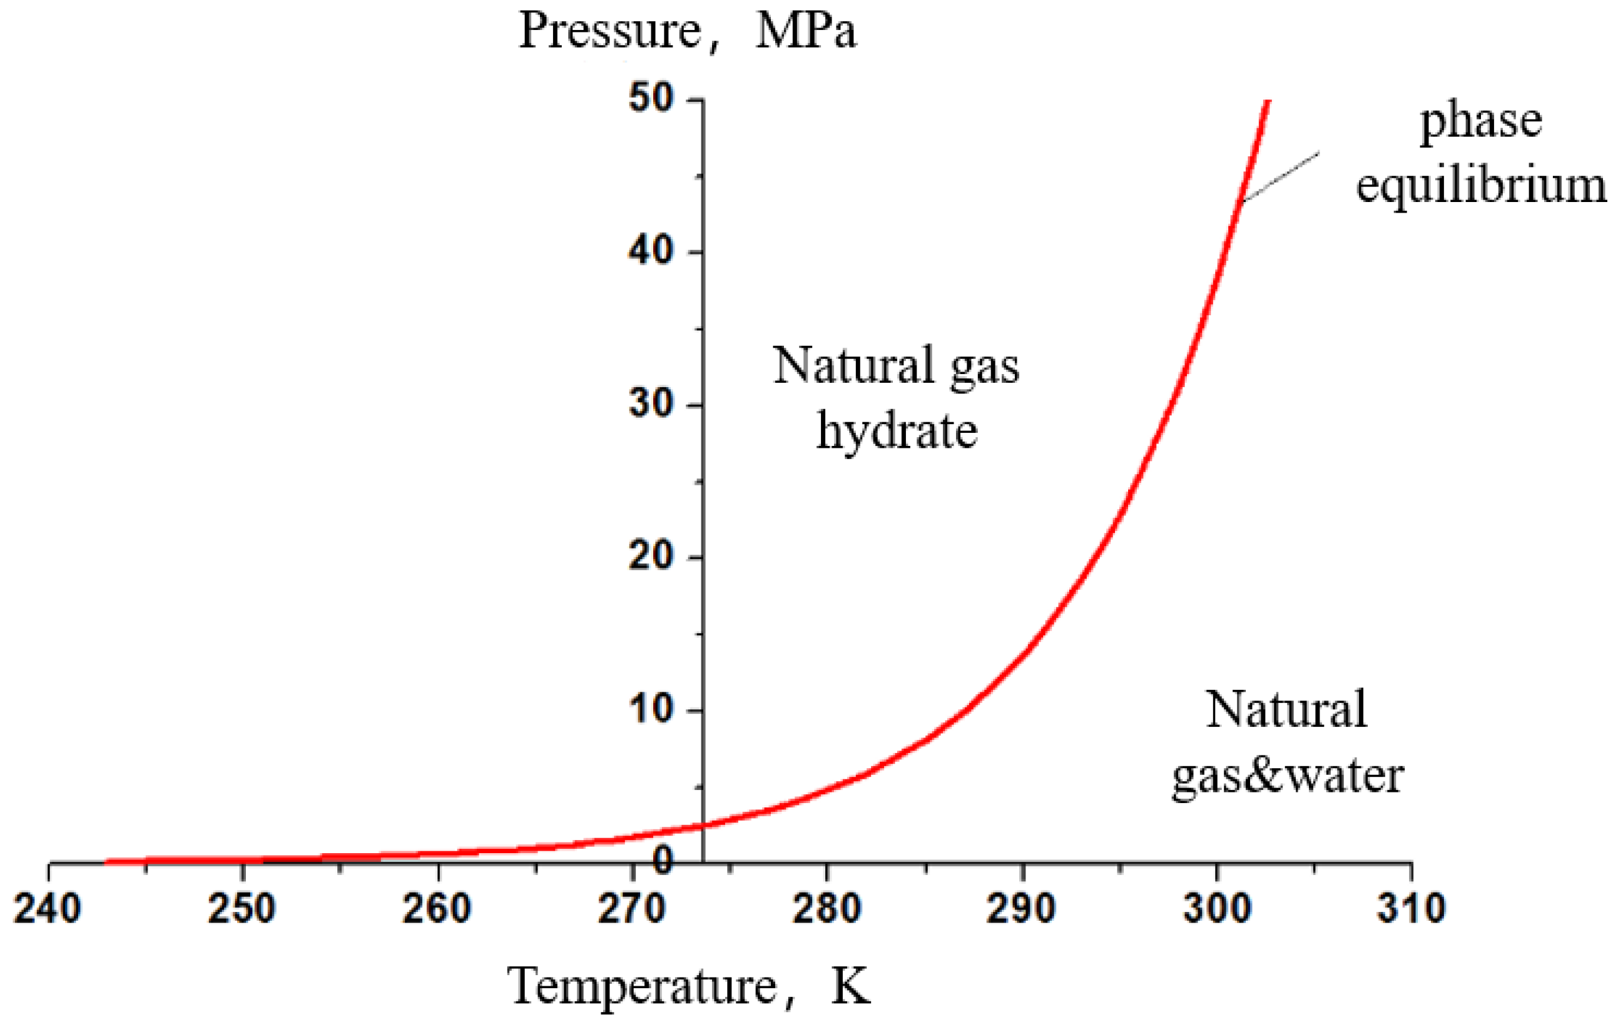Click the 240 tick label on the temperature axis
point(48,909)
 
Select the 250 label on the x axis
point(242,909)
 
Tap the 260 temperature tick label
point(437,909)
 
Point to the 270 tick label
point(631,909)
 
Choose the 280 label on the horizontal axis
point(827,909)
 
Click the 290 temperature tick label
point(1021,909)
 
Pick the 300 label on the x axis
point(1216,909)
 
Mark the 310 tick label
point(1411,909)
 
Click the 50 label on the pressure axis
point(651,99)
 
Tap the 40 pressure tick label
point(651,252)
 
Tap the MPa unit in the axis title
point(806,31)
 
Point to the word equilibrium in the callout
point(1481,186)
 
